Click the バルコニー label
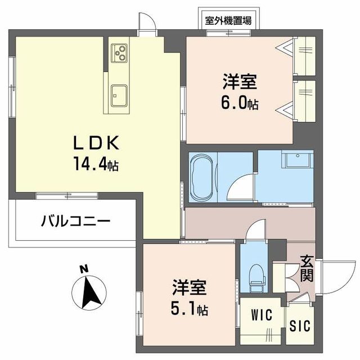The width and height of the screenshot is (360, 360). pyautogui.click(x=75, y=221)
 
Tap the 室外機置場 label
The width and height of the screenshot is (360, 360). pyautogui.click(x=228, y=21)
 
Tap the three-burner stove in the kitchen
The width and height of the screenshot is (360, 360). pyautogui.click(x=120, y=53)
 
